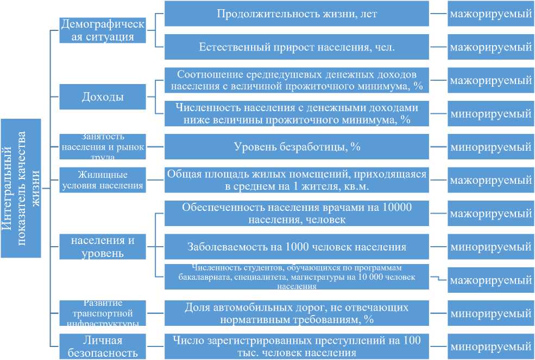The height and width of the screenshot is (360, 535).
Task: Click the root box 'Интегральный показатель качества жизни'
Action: tap(21, 188)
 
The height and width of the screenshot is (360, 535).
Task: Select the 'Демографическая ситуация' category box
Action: tap(103, 30)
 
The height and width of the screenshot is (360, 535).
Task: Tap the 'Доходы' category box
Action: tap(103, 97)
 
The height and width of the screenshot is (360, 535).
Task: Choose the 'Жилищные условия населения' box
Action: tap(103, 179)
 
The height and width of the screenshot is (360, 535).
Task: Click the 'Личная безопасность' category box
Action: tap(103, 346)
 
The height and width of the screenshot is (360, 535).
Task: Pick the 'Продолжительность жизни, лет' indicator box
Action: tap(296, 14)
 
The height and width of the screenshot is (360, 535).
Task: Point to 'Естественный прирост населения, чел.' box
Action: tap(296, 47)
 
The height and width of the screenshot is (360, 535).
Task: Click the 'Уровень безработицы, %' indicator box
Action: tap(296, 146)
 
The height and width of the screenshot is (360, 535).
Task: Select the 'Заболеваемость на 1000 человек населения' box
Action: tap(296, 247)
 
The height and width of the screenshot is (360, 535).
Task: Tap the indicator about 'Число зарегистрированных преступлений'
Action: tap(296, 346)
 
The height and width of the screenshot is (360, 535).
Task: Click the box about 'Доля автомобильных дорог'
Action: tap(296, 313)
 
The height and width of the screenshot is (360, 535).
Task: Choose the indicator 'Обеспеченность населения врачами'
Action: tap(296, 214)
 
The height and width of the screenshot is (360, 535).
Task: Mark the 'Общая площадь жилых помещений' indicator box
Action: tap(296, 179)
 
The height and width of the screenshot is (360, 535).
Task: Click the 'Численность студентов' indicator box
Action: tap(296, 277)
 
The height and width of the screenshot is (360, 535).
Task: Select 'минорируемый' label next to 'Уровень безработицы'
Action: tap(490, 146)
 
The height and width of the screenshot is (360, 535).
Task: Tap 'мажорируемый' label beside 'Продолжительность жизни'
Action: tap(490, 14)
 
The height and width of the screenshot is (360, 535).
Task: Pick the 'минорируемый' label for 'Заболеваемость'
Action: tap(490, 247)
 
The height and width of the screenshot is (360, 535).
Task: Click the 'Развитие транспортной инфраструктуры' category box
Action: tap(103, 313)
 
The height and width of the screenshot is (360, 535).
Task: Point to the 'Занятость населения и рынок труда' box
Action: tap(103, 146)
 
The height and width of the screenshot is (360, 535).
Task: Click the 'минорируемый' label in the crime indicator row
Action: tap(490, 346)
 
